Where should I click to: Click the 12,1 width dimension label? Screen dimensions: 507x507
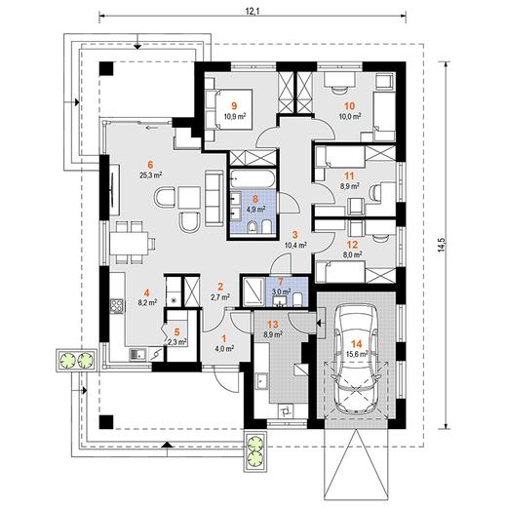point(252,12)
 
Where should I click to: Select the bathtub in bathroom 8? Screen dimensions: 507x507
point(253,179)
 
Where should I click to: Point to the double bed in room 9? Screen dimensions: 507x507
point(230,109)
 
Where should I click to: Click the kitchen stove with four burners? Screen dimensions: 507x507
point(117,305)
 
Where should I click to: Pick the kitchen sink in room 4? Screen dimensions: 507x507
point(138,354)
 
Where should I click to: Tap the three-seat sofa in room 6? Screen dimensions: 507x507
point(214,199)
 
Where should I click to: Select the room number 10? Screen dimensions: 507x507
point(350,106)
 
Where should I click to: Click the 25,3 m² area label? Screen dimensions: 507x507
point(150,175)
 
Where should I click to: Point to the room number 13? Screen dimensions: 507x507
point(273,324)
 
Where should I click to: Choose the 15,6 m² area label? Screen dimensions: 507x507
point(357,353)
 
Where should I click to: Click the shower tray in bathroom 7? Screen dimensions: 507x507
point(254,291)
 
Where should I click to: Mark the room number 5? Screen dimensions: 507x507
point(176,332)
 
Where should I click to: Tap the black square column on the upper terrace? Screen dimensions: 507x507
point(106,68)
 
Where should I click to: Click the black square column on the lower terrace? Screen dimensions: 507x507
point(106,422)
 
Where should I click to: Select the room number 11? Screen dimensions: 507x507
point(349,176)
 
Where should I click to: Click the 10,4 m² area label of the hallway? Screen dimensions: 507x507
point(296,245)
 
